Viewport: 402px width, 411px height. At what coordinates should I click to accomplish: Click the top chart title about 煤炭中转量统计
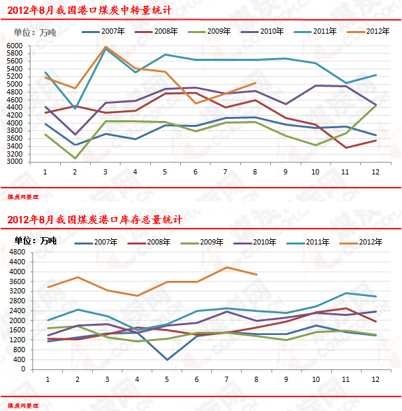tap(89, 11)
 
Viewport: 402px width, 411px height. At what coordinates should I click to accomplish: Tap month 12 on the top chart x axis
tap(376, 171)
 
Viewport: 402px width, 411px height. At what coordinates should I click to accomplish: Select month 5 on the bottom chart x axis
tap(166, 379)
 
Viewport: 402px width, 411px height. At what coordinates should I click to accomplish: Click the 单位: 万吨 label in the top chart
tap(34, 32)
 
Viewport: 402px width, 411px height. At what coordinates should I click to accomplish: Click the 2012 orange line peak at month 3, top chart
tap(105, 47)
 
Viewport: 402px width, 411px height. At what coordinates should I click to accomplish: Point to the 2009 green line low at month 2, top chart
tap(75, 158)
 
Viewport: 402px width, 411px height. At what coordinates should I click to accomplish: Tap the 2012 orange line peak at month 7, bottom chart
tap(226, 267)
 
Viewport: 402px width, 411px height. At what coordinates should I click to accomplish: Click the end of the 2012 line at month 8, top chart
tap(256, 83)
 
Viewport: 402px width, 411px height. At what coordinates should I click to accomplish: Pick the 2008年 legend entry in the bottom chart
tap(159, 242)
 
